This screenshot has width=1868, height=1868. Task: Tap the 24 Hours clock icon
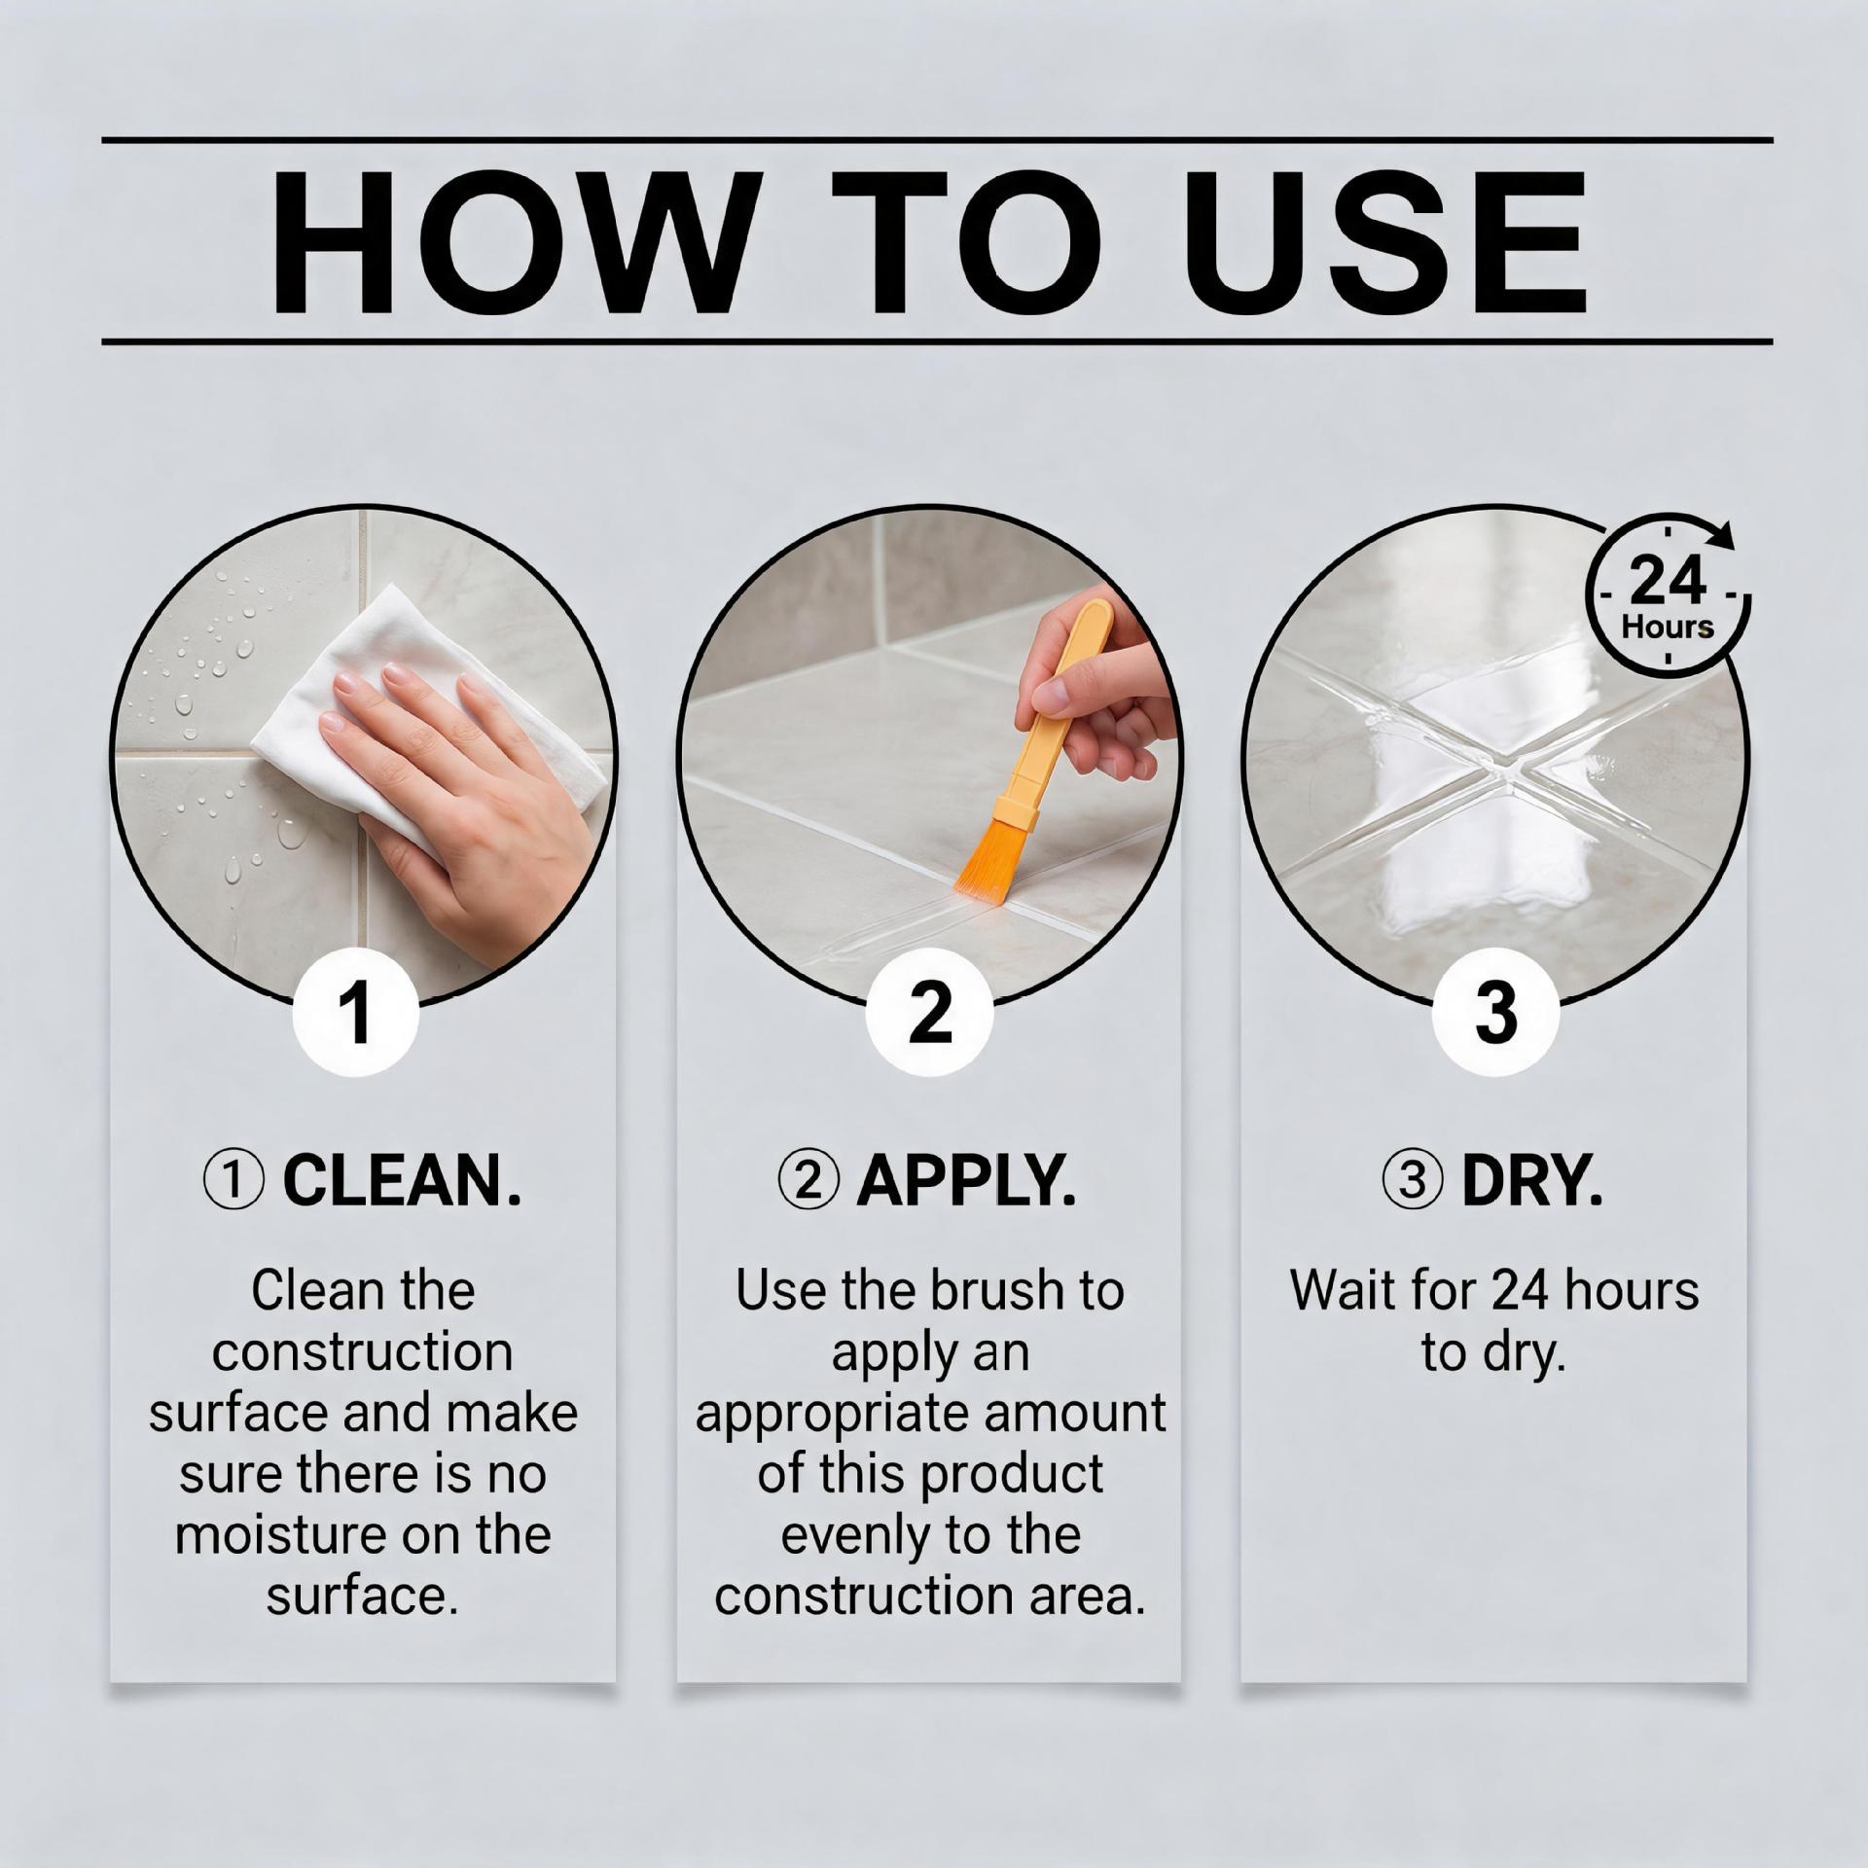pos(1668,595)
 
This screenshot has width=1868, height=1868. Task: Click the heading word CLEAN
pos(402,1180)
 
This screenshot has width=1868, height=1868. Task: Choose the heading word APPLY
pos(967,1180)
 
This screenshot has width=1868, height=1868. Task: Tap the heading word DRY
pos(1532,1180)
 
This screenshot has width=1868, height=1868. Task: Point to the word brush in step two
pos(983,1291)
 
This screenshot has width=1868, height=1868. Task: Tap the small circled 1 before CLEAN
pos(233,1181)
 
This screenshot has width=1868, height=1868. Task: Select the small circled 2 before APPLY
pos(808,1181)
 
